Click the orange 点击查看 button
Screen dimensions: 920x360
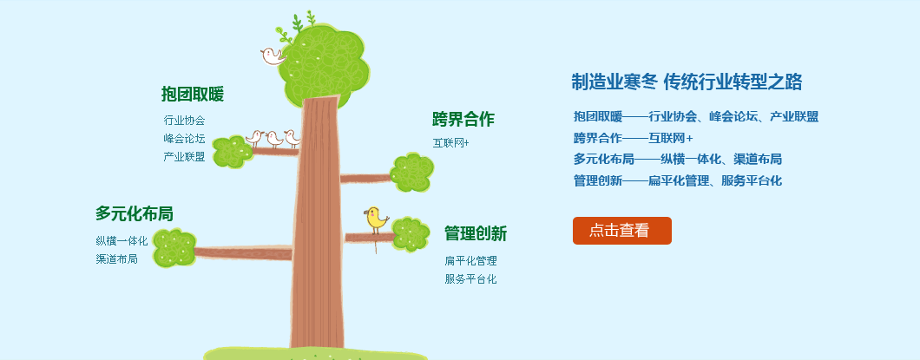click(x=622, y=231)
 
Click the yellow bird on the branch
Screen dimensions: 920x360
click(x=376, y=219)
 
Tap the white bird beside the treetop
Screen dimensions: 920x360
click(x=273, y=56)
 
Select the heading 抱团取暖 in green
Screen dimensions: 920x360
click(x=193, y=94)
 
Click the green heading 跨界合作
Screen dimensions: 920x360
click(x=463, y=119)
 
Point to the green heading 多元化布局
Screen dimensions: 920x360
click(x=135, y=213)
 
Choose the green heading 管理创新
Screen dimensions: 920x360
click(x=476, y=233)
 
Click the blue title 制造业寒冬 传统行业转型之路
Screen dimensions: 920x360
click(x=687, y=82)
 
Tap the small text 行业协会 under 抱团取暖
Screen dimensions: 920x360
click(x=184, y=121)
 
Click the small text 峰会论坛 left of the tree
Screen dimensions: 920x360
click(x=184, y=139)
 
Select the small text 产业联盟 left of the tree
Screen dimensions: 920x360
click(x=184, y=156)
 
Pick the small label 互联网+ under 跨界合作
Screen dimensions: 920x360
click(x=451, y=142)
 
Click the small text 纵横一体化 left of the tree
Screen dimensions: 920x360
click(x=122, y=240)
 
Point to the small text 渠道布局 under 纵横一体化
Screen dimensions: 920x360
click(x=117, y=259)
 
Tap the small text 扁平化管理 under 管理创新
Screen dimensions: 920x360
click(x=470, y=261)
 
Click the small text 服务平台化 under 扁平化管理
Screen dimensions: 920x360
click(x=470, y=279)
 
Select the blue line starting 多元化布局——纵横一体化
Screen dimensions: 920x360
click(x=678, y=159)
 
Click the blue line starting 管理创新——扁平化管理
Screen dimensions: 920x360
click(x=678, y=180)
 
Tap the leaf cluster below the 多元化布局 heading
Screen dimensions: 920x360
click(x=174, y=247)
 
